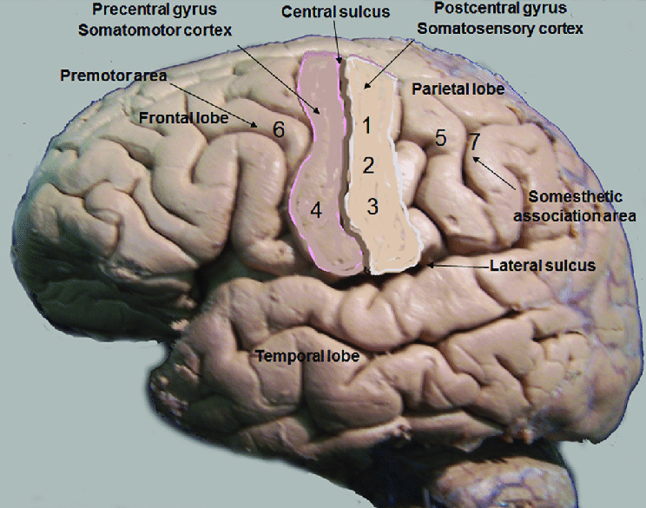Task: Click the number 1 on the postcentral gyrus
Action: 366,126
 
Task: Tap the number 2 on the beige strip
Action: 368,165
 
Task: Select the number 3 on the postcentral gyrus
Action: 372,207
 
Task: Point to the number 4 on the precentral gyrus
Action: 316,209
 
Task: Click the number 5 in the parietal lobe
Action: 440,137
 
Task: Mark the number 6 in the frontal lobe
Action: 278,129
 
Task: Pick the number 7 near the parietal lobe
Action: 474,140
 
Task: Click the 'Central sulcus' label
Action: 324,13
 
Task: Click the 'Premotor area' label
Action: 114,76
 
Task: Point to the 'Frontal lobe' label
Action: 177,117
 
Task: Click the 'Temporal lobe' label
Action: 307,355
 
